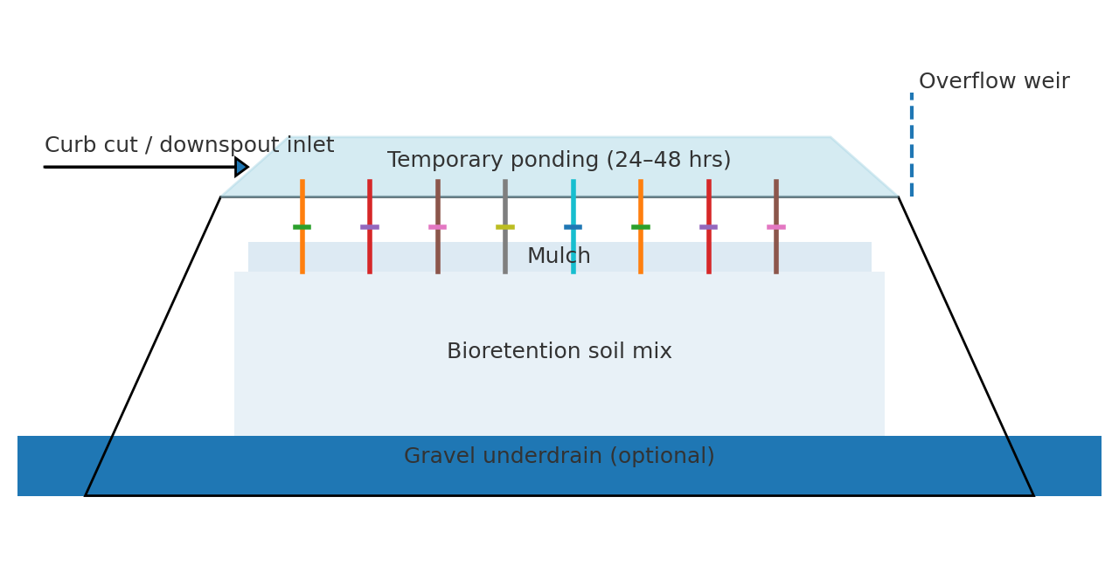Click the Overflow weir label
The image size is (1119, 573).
tap(994, 81)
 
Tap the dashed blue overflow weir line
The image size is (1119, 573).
tap(912, 144)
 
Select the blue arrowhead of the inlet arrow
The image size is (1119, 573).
tap(242, 167)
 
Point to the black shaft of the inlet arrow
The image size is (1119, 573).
tap(140, 167)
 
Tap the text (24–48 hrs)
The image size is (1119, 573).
tap(669, 160)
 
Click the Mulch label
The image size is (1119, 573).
tap(559, 256)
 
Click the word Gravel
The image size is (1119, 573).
tap(440, 456)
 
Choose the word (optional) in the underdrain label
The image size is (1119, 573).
tap(663, 456)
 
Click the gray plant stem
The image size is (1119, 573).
tap(505, 226)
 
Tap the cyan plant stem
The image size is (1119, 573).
tap(573, 226)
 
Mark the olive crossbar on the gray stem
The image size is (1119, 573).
tap(505, 227)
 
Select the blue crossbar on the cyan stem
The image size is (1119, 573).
tap(573, 227)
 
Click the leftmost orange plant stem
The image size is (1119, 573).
tap(302, 226)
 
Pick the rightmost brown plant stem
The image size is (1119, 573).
tap(775, 226)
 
